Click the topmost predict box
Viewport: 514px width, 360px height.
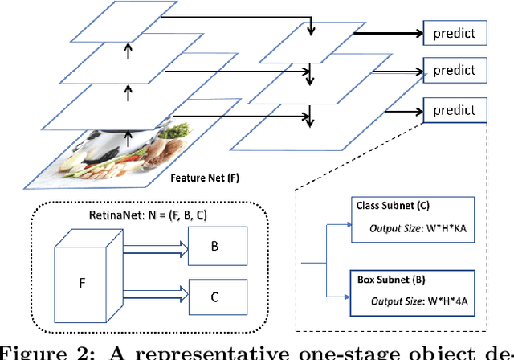coord(455,33)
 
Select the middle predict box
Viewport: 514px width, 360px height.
coord(455,71)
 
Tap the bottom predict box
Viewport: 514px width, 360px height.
coord(455,108)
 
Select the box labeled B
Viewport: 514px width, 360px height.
coord(214,246)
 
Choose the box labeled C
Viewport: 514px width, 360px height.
coord(214,297)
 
